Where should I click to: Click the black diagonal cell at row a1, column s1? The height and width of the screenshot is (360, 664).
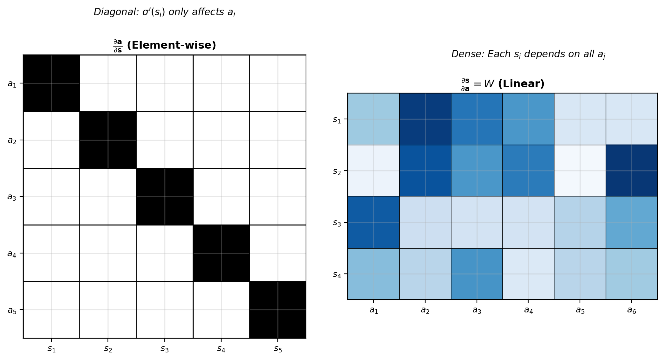pyautogui.click(x=51, y=83)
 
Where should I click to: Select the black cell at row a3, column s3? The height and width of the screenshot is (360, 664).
pyautogui.click(x=164, y=197)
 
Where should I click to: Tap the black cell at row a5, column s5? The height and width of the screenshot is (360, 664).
pyautogui.click(x=278, y=310)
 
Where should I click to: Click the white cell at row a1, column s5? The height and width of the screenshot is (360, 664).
pyautogui.click(x=278, y=83)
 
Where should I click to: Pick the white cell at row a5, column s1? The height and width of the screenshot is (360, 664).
pyautogui.click(x=51, y=310)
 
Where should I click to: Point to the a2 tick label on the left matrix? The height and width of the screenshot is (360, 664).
pyautogui.click(x=12, y=140)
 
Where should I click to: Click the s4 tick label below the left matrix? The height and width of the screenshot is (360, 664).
pyautogui.click(x=221, y=349)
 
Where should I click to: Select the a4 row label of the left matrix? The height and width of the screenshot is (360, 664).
pyautogui.click(x=12, y=254)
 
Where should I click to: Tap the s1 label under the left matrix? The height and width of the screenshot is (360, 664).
pyautogui.click(x=51, y=349)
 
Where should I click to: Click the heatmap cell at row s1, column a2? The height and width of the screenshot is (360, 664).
pyautogui.click(x=425, y=119)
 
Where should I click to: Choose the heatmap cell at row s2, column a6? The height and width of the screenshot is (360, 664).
pyautogui.click(x=632, y=171)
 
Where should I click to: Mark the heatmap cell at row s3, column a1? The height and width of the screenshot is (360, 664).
pyautogui.click(x=374, y=222)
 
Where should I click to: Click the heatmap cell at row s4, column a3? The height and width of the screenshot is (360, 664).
pyautogui.click(x=477, y=274)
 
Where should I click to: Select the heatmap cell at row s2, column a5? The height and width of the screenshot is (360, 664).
pyautogui.click(x=580, y=171)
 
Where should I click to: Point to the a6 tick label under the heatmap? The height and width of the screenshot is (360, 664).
pyautogui.click(x=632, y=310)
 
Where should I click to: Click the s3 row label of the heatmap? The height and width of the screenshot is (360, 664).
pyautogui.click(x=337, y=223)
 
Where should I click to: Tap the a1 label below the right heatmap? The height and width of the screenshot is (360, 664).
pyautogui.click(x=374, y=310)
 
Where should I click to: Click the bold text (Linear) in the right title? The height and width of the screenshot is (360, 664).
pyautogui.click(x=521, y=84)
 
